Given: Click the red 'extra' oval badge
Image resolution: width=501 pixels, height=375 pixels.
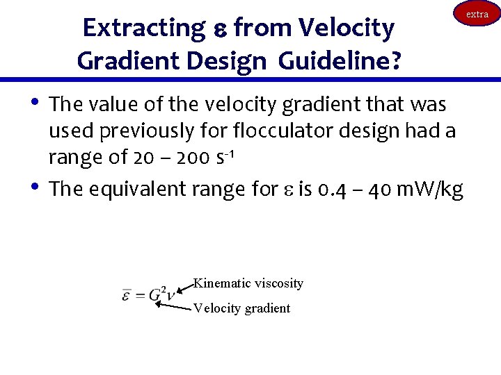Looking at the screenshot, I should pyautogui.click(x=477, y=14).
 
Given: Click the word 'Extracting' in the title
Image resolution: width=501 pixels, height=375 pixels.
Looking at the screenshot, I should pyautogui.click(x=141, y=28).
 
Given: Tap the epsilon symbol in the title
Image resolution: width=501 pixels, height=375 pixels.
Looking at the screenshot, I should pyautogui.click(x=216, y=30).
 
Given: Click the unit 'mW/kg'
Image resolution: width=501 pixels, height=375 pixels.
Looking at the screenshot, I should pyautogui.click(x=428, y=189).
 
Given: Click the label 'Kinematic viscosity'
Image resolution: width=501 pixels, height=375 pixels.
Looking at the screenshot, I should pyautogui.click(x=248, y=283).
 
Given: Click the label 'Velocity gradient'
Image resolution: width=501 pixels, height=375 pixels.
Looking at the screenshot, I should pyautogui.click(x=241, y=308).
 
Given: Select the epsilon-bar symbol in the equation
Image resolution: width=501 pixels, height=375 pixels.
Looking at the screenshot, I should pyautogui.click(x=127, y=294).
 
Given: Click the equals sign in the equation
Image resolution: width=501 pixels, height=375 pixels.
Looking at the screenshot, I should pyautogui.click(x=140, y=295).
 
